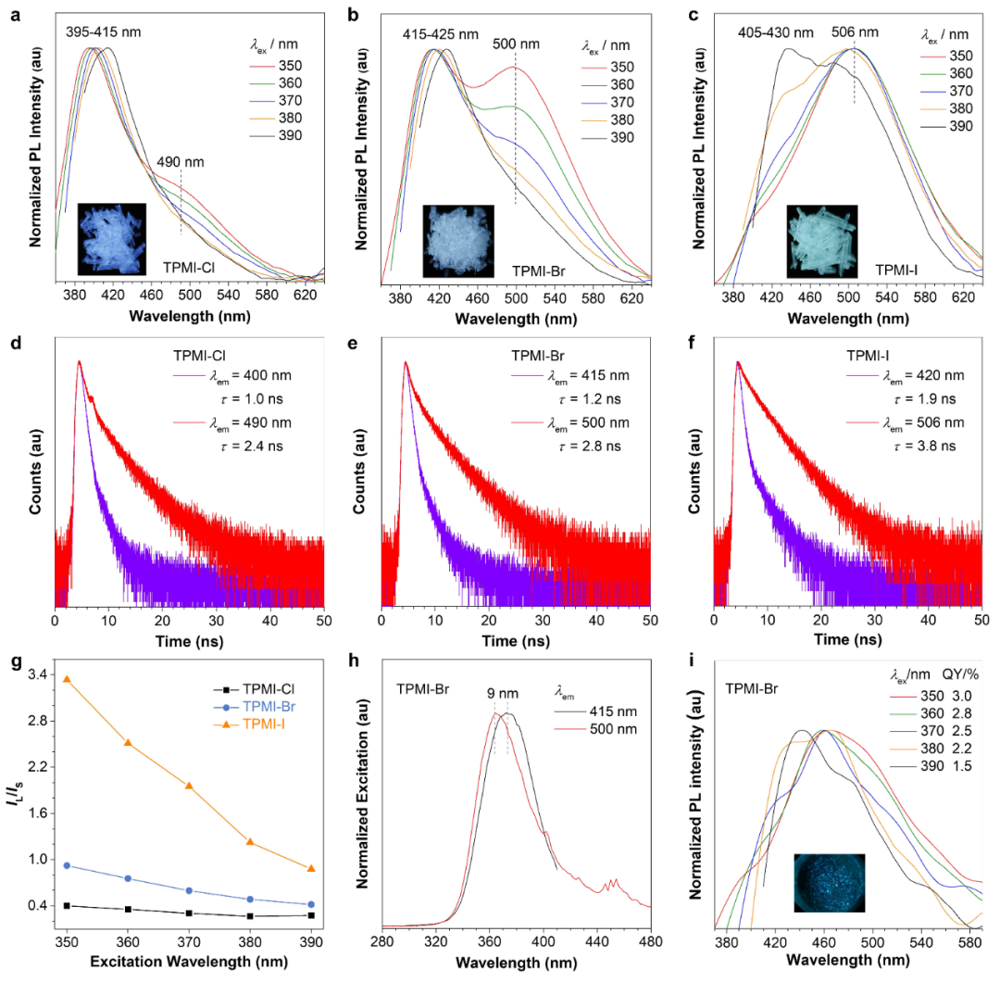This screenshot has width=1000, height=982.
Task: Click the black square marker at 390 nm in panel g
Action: pos(311,915)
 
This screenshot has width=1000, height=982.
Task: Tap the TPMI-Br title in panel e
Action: pos(537,353)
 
